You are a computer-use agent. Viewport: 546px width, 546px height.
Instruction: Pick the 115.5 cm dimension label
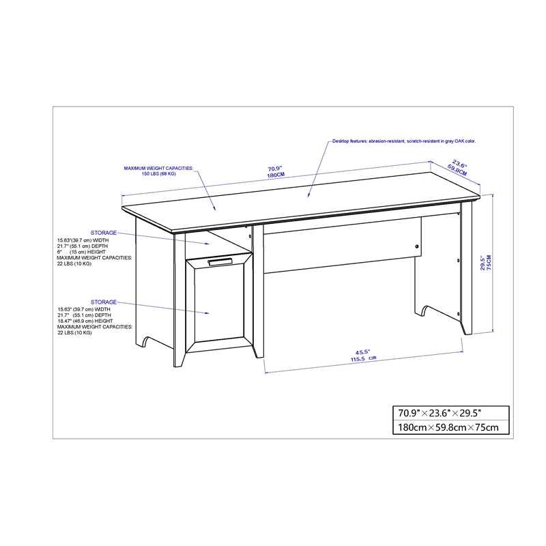[364, 358]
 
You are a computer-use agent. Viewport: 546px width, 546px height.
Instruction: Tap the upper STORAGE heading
[104, 233]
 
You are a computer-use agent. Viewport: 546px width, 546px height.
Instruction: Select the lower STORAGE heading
[104, 301]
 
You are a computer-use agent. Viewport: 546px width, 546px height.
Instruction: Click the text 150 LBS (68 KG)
[158, 174]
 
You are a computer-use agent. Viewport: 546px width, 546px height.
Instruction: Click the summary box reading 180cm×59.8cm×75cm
[446, 427]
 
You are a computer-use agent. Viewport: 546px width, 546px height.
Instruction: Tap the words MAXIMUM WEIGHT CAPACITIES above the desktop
[158, 167]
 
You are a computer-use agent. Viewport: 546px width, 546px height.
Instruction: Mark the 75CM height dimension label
[488, 261]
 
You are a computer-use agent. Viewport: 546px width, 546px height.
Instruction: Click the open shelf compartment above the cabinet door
[225, 243]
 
